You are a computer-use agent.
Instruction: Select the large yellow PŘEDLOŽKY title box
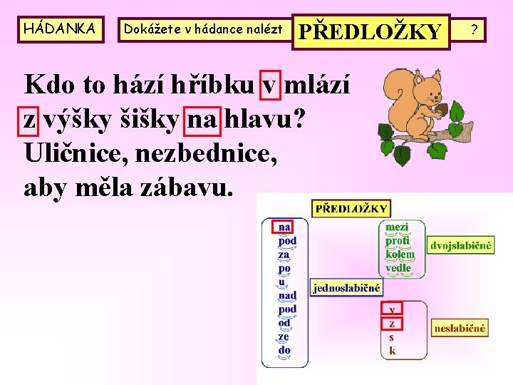pyautogui.click(x=370, y=31)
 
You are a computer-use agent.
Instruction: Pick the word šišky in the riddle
pyautogui.click(x=150, y=121)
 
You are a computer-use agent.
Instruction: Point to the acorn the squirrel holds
pyautogui.click(x=441, y=108)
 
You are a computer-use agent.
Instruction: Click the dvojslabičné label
pyautogui.click(x=461, y=246)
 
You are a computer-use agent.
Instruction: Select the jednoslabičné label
pyautogui.click(x=346, y=287)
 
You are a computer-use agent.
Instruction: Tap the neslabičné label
pyautogui.click(x=460, y=328)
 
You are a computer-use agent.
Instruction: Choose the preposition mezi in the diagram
pyautogui.click(x=397, y=227)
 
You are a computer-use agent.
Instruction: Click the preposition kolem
pyautogui.click(x=399, y=254)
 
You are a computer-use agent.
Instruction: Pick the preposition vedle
pyautogui.click(x=398, y=267)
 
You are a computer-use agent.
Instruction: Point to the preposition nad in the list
pyautogui.click(x=287, y=295)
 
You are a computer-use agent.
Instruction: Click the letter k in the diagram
pyautogui.click(x=392, y=351)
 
